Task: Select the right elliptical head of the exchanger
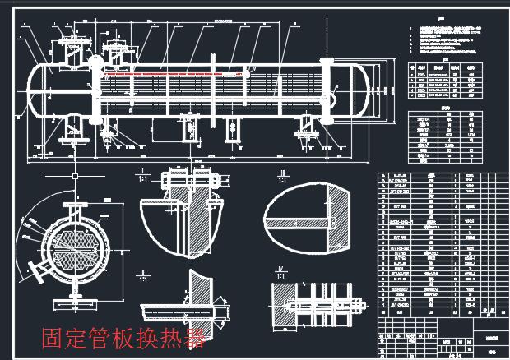coord(361,88)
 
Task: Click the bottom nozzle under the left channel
coord(76,131)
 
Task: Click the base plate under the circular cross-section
coord(75,298)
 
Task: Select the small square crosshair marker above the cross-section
coord(75,176)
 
